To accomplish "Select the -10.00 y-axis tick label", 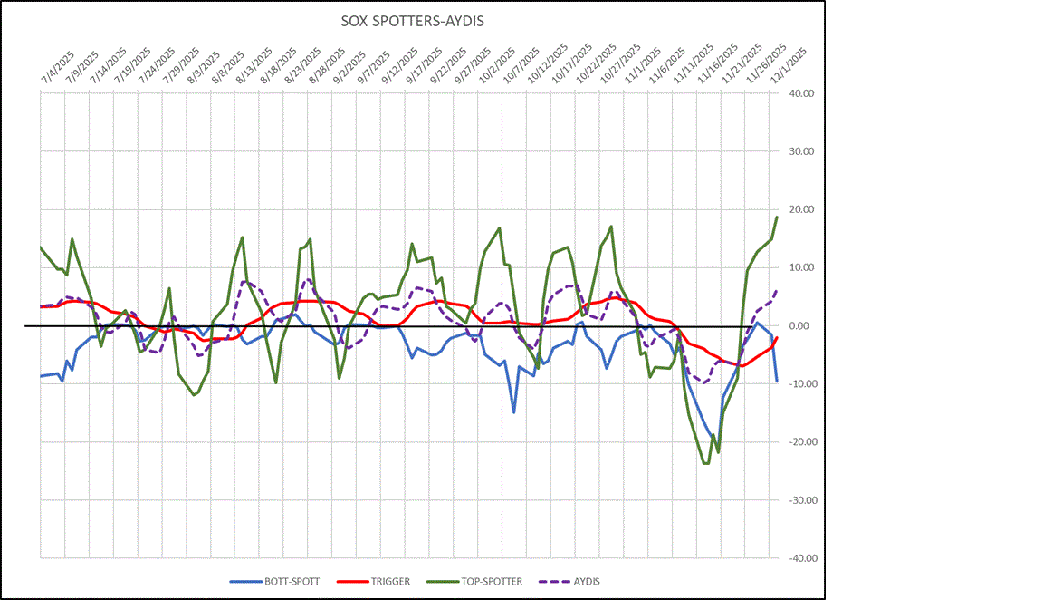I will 802,384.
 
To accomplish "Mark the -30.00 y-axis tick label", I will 802,500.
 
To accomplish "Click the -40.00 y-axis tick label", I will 802,558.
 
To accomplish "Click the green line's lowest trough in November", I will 705,464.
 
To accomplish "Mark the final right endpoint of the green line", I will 776,217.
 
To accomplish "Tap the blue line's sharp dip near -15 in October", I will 513,412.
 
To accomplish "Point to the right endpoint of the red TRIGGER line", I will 777,338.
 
